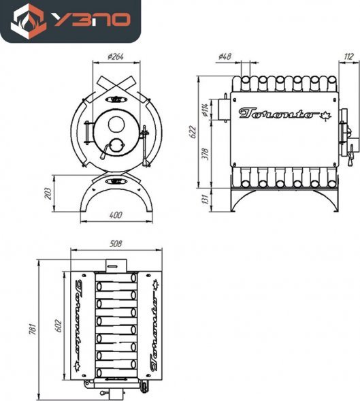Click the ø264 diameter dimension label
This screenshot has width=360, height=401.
point(116,57)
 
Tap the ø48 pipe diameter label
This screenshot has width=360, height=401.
point(225,57)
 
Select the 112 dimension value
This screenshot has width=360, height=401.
point(348,57)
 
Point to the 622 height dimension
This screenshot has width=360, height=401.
point(193,132)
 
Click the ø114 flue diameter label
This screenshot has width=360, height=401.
point(206,110)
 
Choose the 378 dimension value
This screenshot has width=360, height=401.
point(206,154)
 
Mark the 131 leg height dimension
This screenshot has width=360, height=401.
point(206,199)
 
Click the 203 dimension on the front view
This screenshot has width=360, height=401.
point(48,193)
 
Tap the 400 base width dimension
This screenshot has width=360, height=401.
point(116,215)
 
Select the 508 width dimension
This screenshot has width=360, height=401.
point(116,244)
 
